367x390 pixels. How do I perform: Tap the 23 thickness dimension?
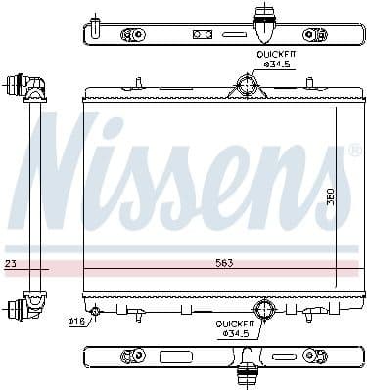pyautogui.click(x=10, y=264)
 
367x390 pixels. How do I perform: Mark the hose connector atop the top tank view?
pyautogui.click(x=264, y=16)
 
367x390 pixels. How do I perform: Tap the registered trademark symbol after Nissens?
pyautogui.click(x=353, y=152)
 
